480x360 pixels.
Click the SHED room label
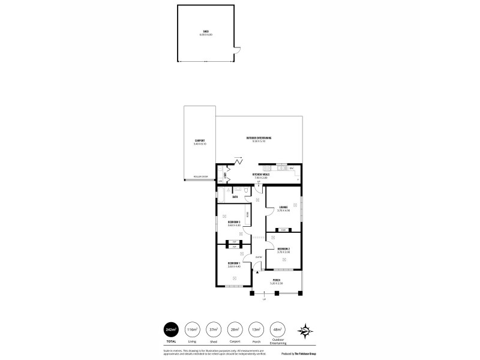206,32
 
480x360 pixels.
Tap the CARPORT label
200,142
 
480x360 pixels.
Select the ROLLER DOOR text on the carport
200,177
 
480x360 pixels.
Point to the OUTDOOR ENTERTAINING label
259,138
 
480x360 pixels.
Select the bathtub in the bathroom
221,196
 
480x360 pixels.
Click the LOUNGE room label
283,208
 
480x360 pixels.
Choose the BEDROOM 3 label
234,222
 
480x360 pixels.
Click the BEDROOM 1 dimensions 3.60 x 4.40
234,266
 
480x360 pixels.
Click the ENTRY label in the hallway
258,257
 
